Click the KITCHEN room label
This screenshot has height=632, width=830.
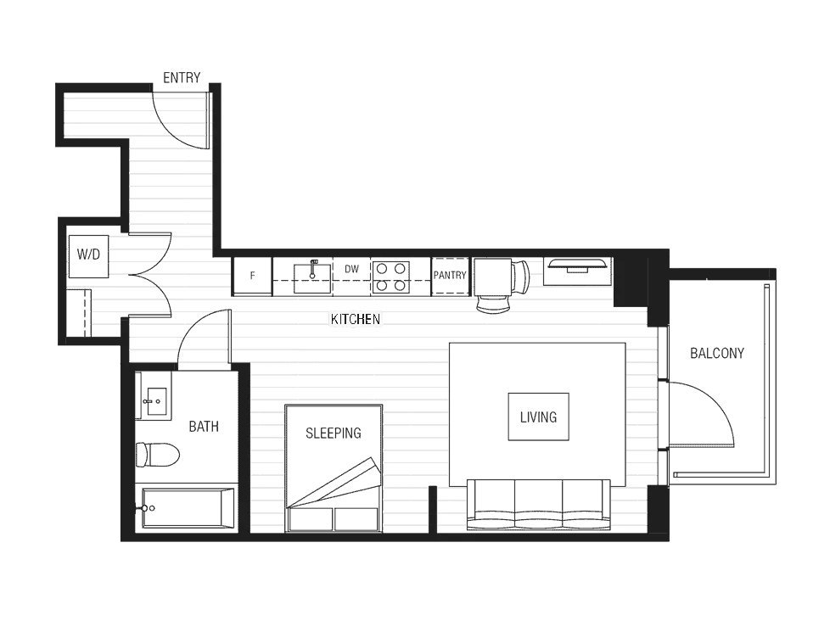coord(356,319)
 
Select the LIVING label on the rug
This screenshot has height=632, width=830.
coord(536,417)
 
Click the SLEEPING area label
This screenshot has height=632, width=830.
coord(335,434)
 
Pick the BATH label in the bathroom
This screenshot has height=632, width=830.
coord(204,427)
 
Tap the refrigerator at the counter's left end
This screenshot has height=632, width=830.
coord(250,277)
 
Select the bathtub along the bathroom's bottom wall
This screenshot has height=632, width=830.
coord(182,509)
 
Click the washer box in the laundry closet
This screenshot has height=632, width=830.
coord(89,254)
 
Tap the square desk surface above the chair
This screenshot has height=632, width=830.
coord(491,277)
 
